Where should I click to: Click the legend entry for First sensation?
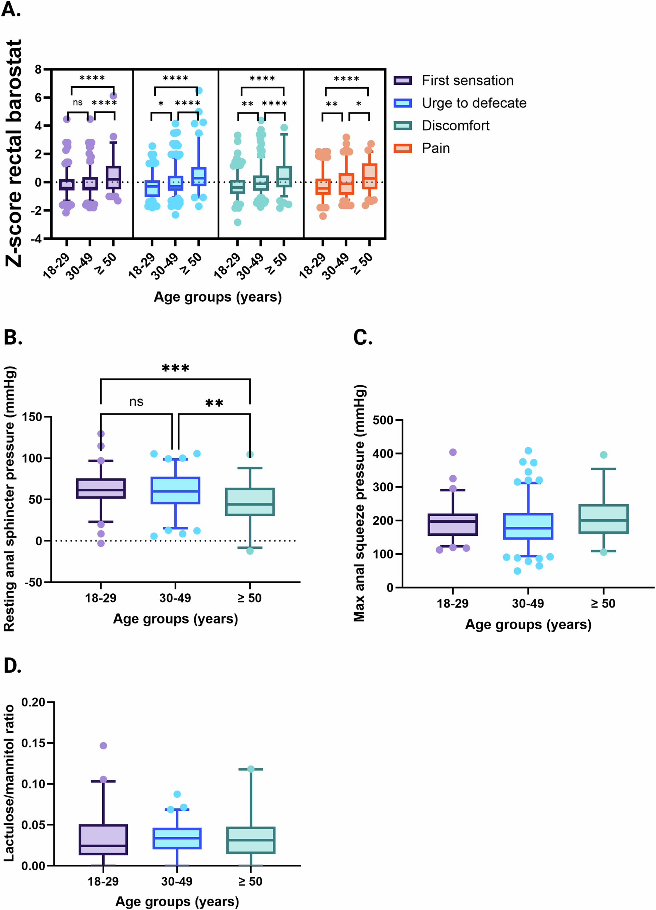coord(467,81)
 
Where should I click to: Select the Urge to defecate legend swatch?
coord(402,103)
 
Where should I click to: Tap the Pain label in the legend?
coord(436,149)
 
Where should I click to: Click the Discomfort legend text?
coord(455,126)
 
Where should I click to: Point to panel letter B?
coord(12,337)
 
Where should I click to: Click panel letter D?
coord(12,666)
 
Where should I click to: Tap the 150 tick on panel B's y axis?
coord(32,417)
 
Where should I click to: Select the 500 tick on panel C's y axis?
coord(382,420)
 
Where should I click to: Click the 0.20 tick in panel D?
coord(33,703)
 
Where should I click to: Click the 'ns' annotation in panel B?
coord(137,402)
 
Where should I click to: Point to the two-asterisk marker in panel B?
coord(214,403)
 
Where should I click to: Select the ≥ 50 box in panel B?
coord(250,502)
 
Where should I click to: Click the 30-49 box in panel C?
coord(528,526)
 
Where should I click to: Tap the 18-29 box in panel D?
coord(103,840)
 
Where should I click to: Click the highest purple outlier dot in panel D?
coord(103,745)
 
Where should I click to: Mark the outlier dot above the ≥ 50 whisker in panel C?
coord(604,455)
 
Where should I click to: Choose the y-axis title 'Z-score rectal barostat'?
coord(15,153)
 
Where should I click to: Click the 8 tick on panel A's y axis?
coord(38,70)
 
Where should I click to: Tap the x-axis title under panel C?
coord(528,625)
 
